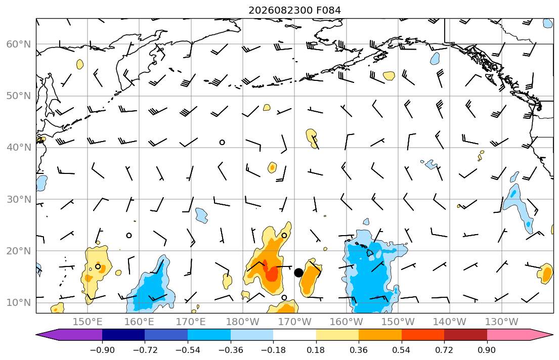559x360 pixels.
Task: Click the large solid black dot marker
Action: [x=298, y=273]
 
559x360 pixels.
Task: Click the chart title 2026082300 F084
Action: [x=294, y=10]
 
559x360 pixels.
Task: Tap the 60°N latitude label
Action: [x=19, y=44]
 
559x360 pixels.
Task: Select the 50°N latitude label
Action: [x=19, y=96]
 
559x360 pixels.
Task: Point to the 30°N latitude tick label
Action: [x=19, y=199]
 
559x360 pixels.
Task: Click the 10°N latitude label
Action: [x=19, y=303]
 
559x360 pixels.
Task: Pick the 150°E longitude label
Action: [x=88, y=322]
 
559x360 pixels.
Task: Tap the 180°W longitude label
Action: [x=243, y=322]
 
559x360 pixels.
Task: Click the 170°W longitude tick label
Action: [x=294, y=322]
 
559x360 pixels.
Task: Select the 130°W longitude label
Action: [x=502, y=322]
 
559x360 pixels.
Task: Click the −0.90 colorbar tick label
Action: [x=102, y=350]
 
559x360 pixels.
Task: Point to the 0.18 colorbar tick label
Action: [x=316, y=350]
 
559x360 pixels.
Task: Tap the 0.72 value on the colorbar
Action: [x=444, y=350]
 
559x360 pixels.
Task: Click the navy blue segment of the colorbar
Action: [x=123, y=335]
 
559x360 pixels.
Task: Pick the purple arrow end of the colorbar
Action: [x=69, y=335]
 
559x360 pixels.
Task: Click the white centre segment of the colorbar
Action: [x=294, y=335]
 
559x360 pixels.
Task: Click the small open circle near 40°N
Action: [x=222, y=142]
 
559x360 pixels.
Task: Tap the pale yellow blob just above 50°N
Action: [x=267, y=107]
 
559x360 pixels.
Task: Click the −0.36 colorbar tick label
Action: [x=231, y=350]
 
